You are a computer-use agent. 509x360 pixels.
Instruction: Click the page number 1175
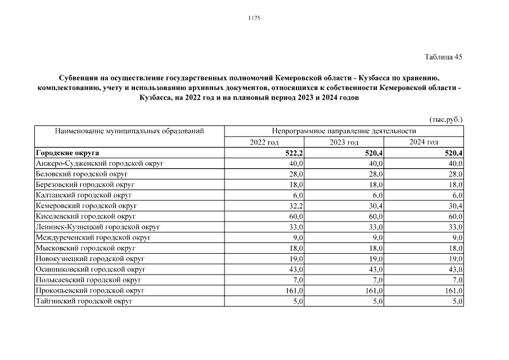tap(254, 18)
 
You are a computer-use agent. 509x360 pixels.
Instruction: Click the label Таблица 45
tap(443, 57)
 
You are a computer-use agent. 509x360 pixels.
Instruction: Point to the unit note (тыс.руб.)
tap(446, 119)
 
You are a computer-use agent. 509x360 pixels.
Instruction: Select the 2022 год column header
tap(264, 142)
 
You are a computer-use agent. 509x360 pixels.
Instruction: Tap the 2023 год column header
tap(344, 142)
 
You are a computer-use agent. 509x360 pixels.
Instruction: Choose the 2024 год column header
tap(424, 142)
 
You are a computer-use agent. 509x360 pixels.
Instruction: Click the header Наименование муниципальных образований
tap(129, 132)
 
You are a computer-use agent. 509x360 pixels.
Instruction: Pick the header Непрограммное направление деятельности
tap(344, 132)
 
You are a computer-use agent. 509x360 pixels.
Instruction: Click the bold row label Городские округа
tap(67, 153)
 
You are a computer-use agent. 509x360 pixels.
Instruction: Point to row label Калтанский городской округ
tap(84, 195)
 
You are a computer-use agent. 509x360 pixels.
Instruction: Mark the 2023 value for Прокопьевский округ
tap(373, 291)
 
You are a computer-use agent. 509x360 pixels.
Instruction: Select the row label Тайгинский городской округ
tap(84, 301)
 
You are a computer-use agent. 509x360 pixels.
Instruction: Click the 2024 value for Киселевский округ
tap(454, 217)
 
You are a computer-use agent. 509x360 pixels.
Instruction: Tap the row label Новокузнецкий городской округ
tap(90, 259)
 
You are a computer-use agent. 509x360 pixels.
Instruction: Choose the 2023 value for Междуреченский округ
tap(378, 237)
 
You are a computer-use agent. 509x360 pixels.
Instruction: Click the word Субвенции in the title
tap(79, 77)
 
